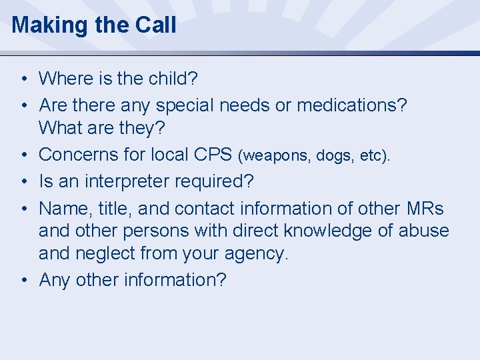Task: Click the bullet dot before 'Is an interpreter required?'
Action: (x=23, y=182)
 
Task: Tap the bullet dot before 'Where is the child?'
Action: (x=23, y=79)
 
